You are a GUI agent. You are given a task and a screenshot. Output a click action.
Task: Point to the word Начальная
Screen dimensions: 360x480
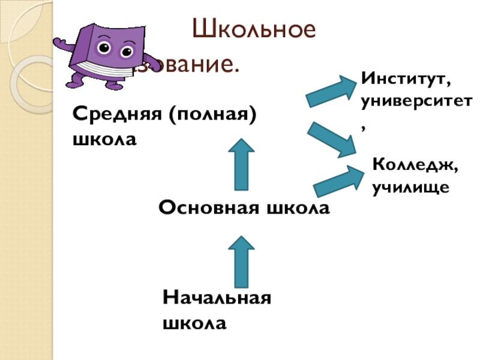(x=217, y=298)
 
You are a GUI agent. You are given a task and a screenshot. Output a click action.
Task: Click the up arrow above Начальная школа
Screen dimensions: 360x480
(x=243, y=260)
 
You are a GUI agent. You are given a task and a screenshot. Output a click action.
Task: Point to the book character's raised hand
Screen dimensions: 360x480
(x=59, y=44)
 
